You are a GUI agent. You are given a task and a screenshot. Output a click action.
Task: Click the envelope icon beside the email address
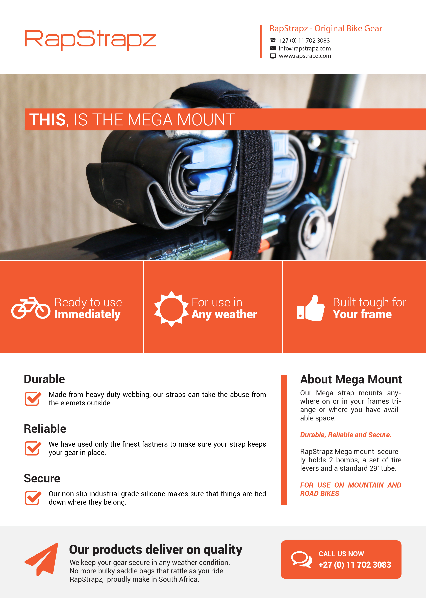273,48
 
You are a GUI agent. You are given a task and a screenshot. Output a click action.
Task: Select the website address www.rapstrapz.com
305,56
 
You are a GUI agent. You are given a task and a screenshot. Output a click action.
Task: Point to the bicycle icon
31,308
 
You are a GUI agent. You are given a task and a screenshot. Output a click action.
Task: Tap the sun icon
171,309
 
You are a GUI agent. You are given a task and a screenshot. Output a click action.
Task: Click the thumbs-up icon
311,308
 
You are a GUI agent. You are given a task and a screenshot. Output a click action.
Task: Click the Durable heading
44,379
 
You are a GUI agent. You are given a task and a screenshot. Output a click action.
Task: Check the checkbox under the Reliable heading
33,448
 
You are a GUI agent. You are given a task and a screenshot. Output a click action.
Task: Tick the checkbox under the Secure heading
33,498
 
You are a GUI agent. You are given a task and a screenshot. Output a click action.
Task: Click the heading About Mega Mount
351,379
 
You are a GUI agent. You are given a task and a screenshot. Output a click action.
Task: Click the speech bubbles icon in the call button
302,559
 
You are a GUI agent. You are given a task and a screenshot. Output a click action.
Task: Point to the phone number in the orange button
355,565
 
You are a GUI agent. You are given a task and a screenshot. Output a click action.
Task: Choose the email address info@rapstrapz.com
305,48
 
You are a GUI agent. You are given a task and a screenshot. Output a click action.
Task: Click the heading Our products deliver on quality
156,550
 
